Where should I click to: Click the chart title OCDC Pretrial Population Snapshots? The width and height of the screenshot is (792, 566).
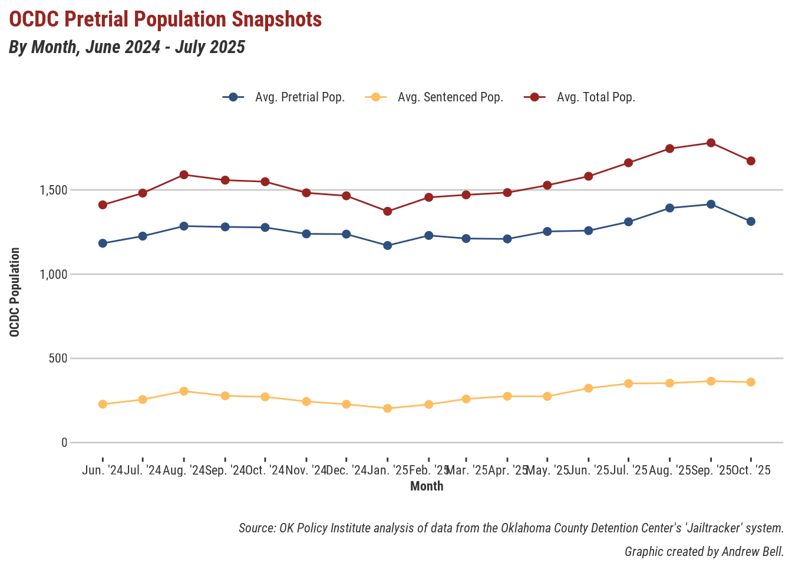tap(166, 19)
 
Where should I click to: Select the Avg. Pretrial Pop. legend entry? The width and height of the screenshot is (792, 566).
tap(299, 97)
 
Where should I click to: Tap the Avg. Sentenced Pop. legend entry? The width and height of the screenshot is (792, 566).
tap(450, 97)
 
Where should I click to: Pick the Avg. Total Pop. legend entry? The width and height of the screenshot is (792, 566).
tap(596, 97)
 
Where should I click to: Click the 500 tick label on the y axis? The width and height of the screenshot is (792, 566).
tap(60, 358)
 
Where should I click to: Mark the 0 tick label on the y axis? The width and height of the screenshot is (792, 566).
tap(64, 443)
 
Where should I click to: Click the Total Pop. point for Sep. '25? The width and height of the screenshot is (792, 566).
tap(711, 143)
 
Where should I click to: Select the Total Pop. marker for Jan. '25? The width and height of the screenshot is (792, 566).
tap(387, 211)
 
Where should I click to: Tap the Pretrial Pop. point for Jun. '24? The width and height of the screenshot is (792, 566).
tap(103, 243)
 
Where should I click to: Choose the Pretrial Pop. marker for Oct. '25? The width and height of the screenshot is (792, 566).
tap(751, 222)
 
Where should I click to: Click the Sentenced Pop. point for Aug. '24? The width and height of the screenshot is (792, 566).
tap(184, 391)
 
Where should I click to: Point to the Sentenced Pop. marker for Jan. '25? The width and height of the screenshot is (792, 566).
tap(387, 408)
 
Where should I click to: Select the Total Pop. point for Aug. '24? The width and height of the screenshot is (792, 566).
tap(184, 175)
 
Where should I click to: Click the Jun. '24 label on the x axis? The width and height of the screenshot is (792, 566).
tap(103, 470)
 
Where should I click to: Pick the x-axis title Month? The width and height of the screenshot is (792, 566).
tap(427, 486)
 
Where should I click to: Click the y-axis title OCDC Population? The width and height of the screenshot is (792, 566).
tap(15, 292)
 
